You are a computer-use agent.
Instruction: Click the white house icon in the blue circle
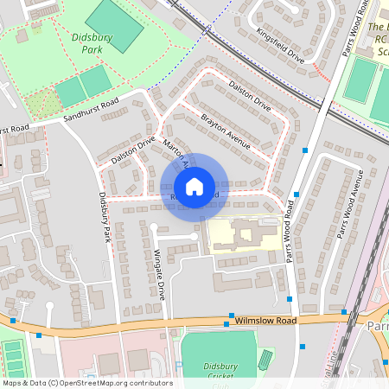[x=194, y=186]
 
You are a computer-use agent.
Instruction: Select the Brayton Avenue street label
[x=226, y=130]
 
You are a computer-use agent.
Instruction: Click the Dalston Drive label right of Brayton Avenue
[x=250, y=97]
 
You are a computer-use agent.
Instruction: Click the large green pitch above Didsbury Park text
[x=115, y=24]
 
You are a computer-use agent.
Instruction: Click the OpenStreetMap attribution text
[x=87, y=382]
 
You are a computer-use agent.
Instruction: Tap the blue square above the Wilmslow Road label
[x=232, y=316]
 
